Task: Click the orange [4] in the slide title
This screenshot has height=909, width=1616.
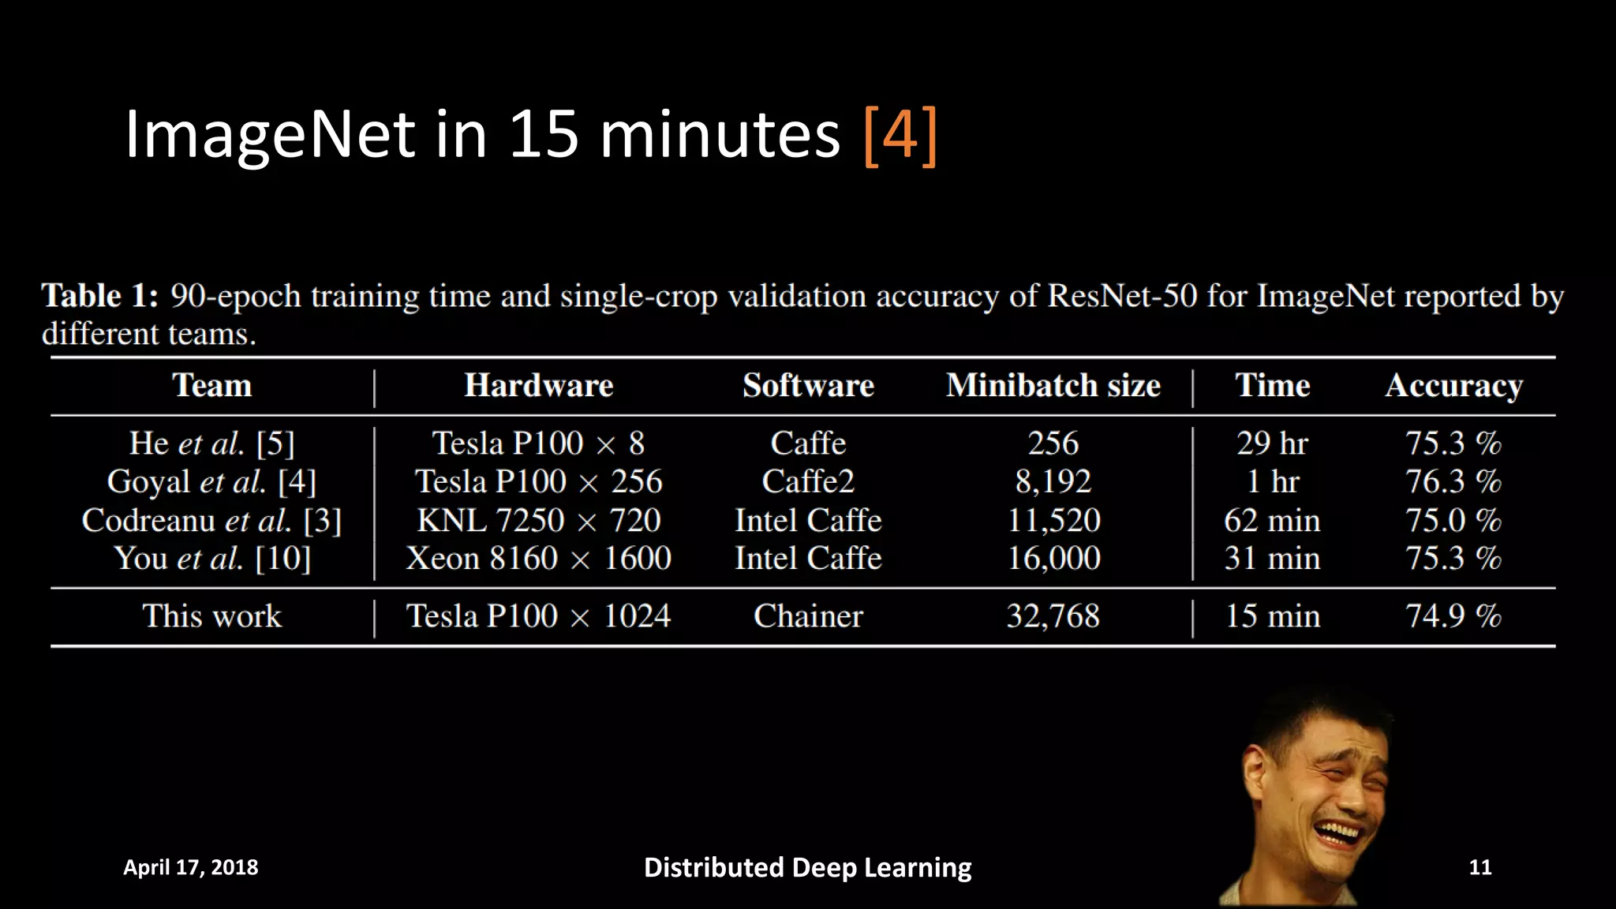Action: click(900, 135)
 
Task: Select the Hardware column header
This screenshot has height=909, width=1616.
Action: click(538, 386)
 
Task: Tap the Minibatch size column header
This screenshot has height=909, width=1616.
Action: click(1053, 386)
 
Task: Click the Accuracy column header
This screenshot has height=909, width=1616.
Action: click(1453, 387)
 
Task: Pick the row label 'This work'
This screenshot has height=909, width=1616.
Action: click(211, 616)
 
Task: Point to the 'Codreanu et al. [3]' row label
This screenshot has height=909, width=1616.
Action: click(211, 521)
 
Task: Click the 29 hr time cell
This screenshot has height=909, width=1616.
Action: click(1272, 443)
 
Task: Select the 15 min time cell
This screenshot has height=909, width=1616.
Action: click(1272, 616)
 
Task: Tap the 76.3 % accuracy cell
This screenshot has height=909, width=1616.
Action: click(1453, 482)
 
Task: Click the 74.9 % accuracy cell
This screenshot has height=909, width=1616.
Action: click(1453, 616)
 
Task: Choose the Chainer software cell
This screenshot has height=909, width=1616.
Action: click(808, 616)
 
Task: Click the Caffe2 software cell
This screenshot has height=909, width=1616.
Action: click(808, 482)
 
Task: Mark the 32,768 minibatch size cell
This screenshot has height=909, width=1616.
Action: click(1053, 616)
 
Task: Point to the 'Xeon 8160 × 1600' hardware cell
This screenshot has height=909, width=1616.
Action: click(538, 559)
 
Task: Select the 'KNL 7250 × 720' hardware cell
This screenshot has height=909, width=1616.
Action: click(538, 521)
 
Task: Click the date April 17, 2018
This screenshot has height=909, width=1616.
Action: click(190, 867)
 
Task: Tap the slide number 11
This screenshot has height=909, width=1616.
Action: click(1479, 867)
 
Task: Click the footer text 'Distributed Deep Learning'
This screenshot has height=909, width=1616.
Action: click(807, 867)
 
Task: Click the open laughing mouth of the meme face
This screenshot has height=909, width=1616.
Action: click(1338, 833)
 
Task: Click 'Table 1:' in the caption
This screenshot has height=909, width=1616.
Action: click(100, 296)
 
